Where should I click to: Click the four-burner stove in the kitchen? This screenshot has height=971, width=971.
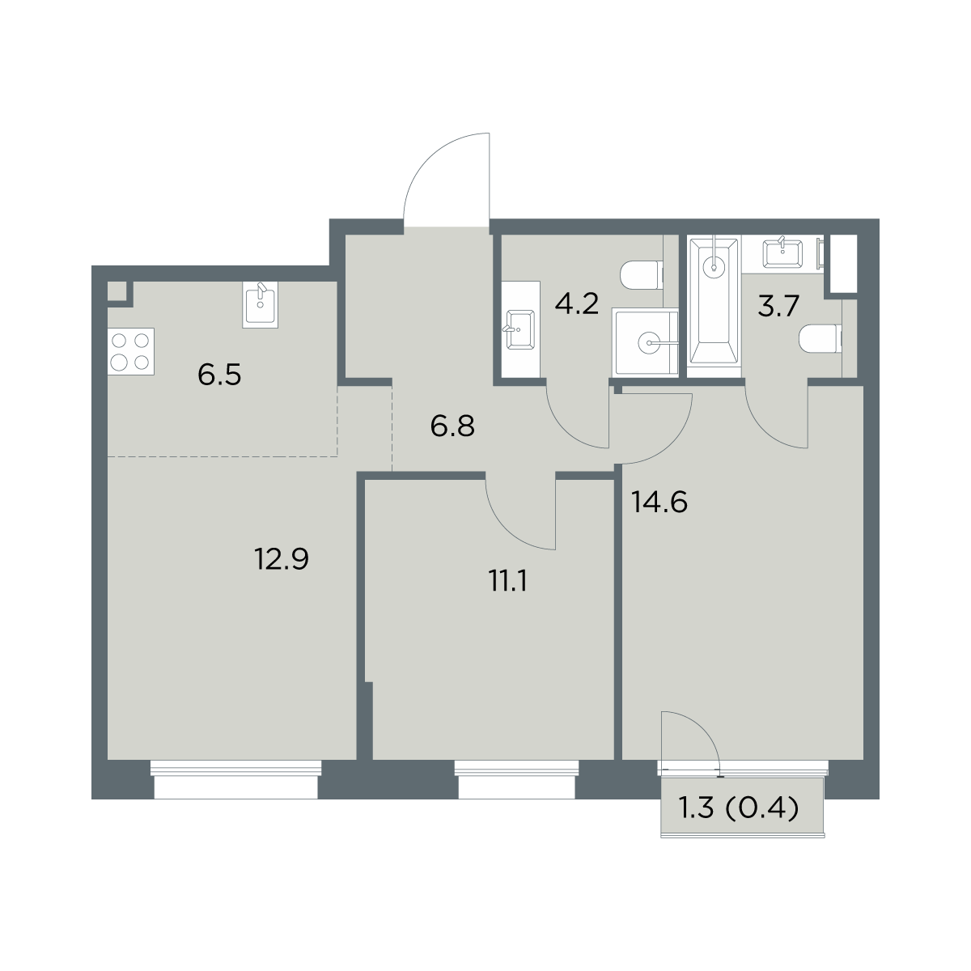coord(130,351)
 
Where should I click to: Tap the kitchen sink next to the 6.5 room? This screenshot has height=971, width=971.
coord(260,304)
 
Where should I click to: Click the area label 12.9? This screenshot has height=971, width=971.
coord(282,559)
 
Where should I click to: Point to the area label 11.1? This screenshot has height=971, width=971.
coord(507,582)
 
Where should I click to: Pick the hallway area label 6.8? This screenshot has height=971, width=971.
coord(452,426)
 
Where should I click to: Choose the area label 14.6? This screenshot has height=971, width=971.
coord(659,502)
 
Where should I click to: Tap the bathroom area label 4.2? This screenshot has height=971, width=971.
coord(577,304)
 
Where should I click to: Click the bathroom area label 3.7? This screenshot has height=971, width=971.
coord(778,307)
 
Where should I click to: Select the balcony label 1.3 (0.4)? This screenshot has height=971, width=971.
coord(740,810)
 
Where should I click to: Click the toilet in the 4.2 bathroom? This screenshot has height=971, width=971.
coord(642,275)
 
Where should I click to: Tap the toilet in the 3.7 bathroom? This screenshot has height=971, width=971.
coord(820,338)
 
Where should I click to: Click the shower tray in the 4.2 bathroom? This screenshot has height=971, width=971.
coord(646,342)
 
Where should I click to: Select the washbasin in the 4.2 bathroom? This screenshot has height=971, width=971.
coord(519,329)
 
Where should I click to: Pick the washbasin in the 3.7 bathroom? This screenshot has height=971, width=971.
coord(782,253)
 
